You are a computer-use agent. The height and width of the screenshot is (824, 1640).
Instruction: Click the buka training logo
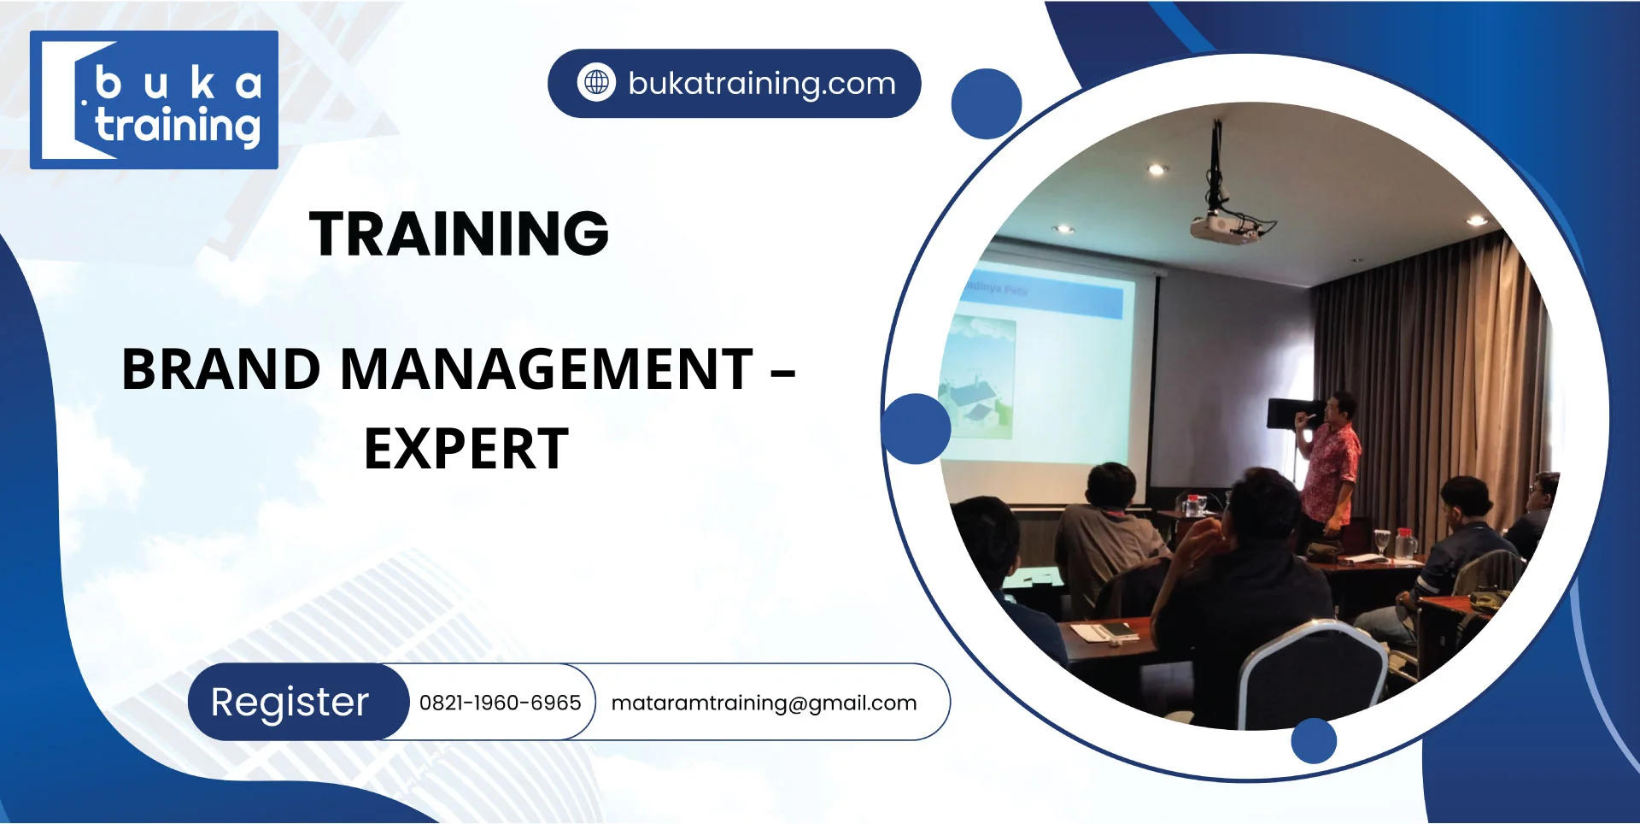[x=154, y=100]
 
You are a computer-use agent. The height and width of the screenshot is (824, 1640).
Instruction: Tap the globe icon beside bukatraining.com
[x=596, y=83]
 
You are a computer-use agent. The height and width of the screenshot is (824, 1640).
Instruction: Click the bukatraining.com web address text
[x=761, y=84]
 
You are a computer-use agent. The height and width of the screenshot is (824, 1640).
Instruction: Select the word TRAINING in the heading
[x=459, y=233]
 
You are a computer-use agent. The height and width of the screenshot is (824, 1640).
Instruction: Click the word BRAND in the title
[x=221, y=369]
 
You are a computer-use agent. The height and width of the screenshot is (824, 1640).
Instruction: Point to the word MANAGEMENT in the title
[x=547, y=369]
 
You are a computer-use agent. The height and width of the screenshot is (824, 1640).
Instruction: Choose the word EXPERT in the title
[x=466, y=450]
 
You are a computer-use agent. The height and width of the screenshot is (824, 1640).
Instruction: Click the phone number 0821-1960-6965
[x=500, y=703]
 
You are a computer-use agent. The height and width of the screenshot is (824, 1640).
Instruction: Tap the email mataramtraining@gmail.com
[x=764, y=703]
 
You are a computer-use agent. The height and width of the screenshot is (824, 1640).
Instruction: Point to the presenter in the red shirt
[x=1329, y=462]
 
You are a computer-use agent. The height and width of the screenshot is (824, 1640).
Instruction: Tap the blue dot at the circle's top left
[x=987, y=103]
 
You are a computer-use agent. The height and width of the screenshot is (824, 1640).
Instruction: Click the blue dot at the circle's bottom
[x=1314, y=740]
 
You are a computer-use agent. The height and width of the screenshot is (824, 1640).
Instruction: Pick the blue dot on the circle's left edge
[x=916, y=428]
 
